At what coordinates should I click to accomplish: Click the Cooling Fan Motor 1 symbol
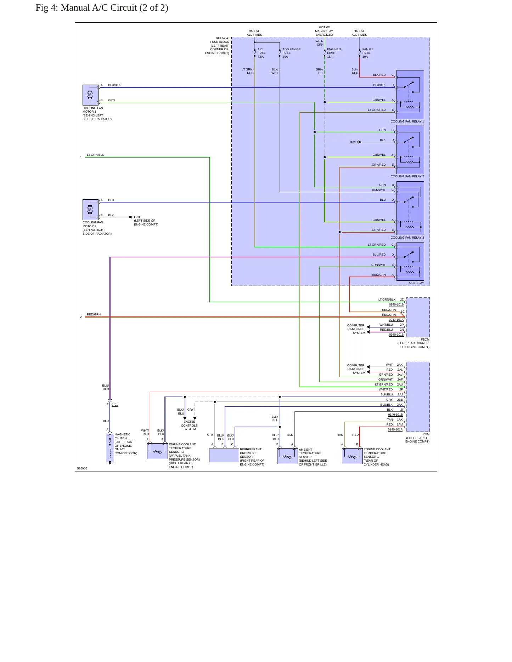click(90, 95)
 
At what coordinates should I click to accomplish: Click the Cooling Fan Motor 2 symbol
click(90, 210)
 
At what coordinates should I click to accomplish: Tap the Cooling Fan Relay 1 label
click(407, 121)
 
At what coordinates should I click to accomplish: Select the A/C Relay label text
click(416, 283)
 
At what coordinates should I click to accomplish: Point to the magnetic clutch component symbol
click(110, 448)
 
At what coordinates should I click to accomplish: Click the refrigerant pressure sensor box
click(224, 455)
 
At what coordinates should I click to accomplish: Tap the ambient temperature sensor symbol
click(287, 456)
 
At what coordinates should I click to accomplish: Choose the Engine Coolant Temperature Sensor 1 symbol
click(352, 456)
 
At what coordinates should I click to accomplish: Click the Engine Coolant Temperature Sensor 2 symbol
click(157, 451)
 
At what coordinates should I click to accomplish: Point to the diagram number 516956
click(82, 468)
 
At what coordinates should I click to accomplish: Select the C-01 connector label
click(114, 405)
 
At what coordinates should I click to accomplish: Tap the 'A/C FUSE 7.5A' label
click(261, 53)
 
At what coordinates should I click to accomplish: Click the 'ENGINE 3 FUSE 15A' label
click(334, 53)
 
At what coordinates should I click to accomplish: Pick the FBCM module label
click(425, 339)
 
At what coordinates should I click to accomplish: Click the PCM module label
click(426, 434)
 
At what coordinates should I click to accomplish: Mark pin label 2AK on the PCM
click(400, 365)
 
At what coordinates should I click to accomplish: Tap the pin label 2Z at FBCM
click(402, 299)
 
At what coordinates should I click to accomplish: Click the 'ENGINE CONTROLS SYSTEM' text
click(189, 426)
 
